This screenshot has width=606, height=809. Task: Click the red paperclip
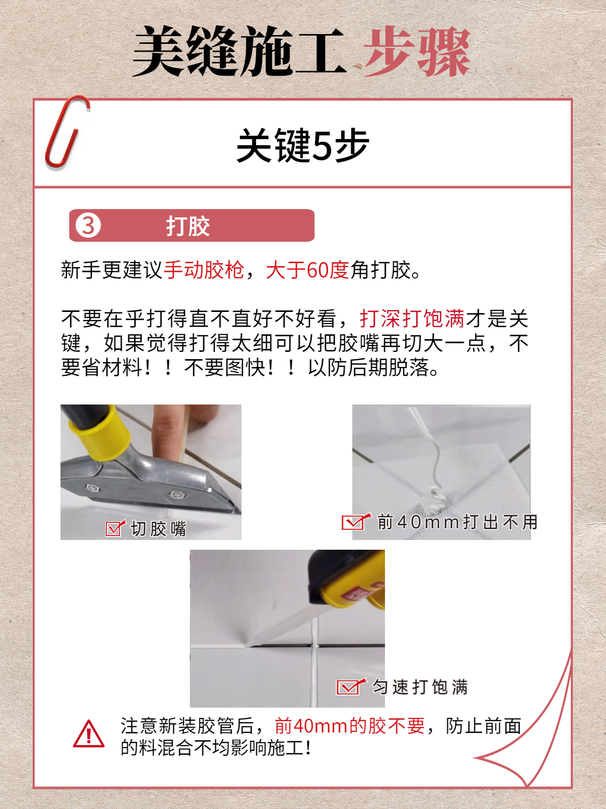(66, 133)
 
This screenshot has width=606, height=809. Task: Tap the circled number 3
(88, 225)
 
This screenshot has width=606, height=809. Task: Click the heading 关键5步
(303, 145)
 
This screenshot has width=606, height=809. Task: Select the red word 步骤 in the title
(417, 52)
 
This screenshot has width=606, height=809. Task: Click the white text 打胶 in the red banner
(188, 226)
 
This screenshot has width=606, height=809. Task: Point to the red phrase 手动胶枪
(204, 270)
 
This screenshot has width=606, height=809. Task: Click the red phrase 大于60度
(307, 270)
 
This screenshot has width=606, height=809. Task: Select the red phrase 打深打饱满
(412, 319)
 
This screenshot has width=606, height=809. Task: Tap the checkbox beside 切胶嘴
(115, 528)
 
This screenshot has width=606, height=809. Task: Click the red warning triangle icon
(88, 734)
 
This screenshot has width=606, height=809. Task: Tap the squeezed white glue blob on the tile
(436, 497)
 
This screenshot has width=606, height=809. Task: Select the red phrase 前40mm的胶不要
(349, 726)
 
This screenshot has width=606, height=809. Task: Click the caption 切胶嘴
(159, 529)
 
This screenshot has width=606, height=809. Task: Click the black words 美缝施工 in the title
(239, 52)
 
